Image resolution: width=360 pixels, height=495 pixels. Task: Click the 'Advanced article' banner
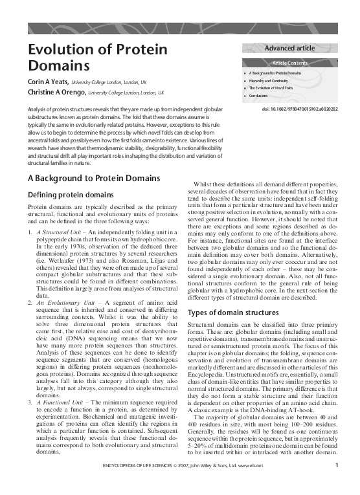click(293, 48)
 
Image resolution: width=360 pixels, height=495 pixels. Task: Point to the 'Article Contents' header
click(293, 63)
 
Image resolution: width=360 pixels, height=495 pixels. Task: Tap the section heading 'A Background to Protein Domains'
click(94, 178)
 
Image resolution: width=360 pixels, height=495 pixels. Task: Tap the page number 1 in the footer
click(338, 482)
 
